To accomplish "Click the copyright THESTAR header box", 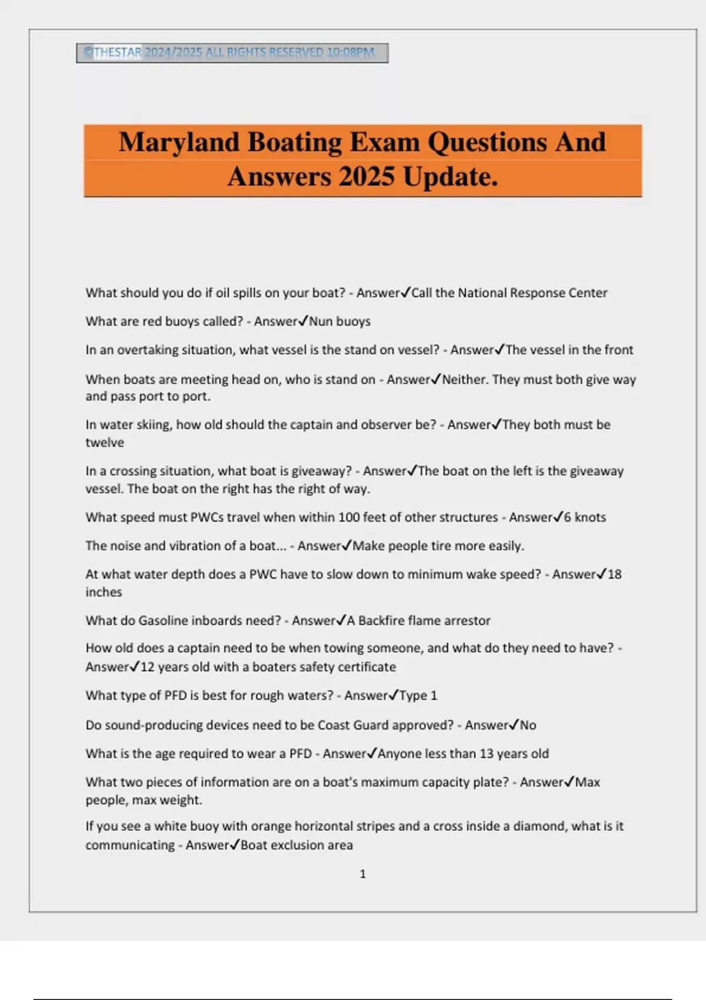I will tap(232, 53).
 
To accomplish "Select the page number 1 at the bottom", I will tap(362, 874).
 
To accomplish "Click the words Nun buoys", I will tap(340, 322).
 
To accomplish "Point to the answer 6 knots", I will tap(585, 518).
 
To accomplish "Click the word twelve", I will tap(105, 443).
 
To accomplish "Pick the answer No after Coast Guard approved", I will tap(528, 725).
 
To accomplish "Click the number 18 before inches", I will tap(614, 575).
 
